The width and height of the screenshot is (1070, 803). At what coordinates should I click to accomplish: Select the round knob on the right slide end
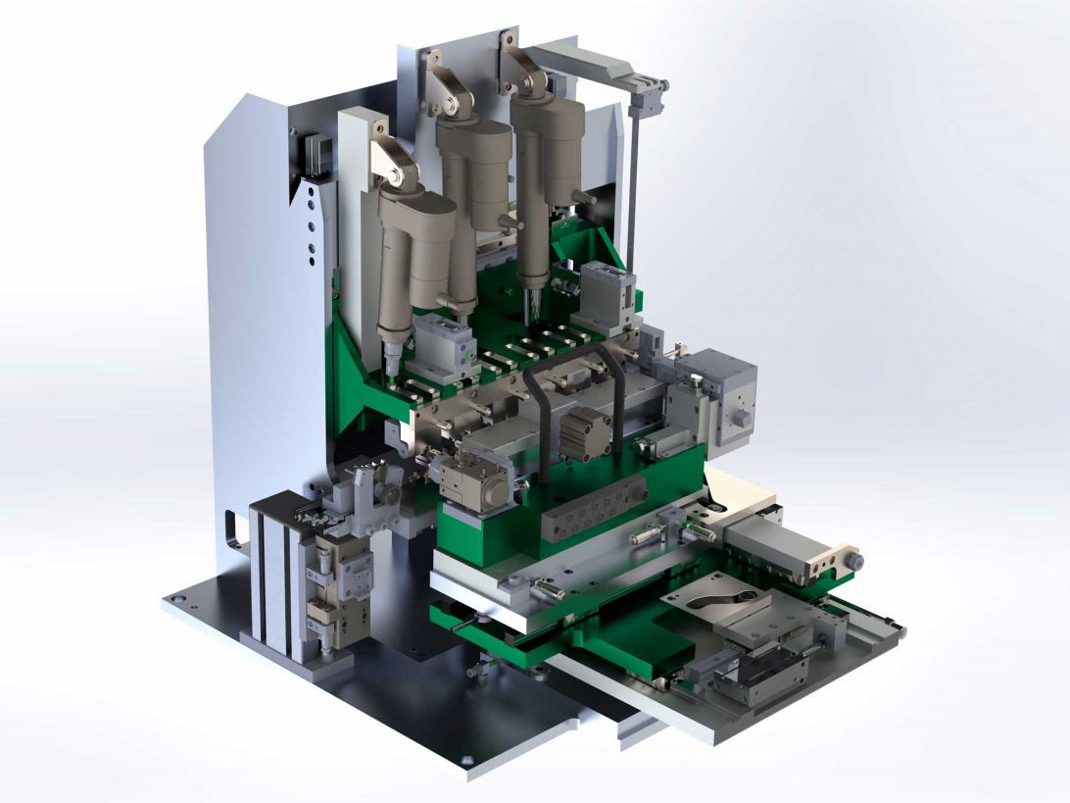click(854, 560)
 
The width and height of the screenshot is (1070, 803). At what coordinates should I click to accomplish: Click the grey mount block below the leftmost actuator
click(439, 344)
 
